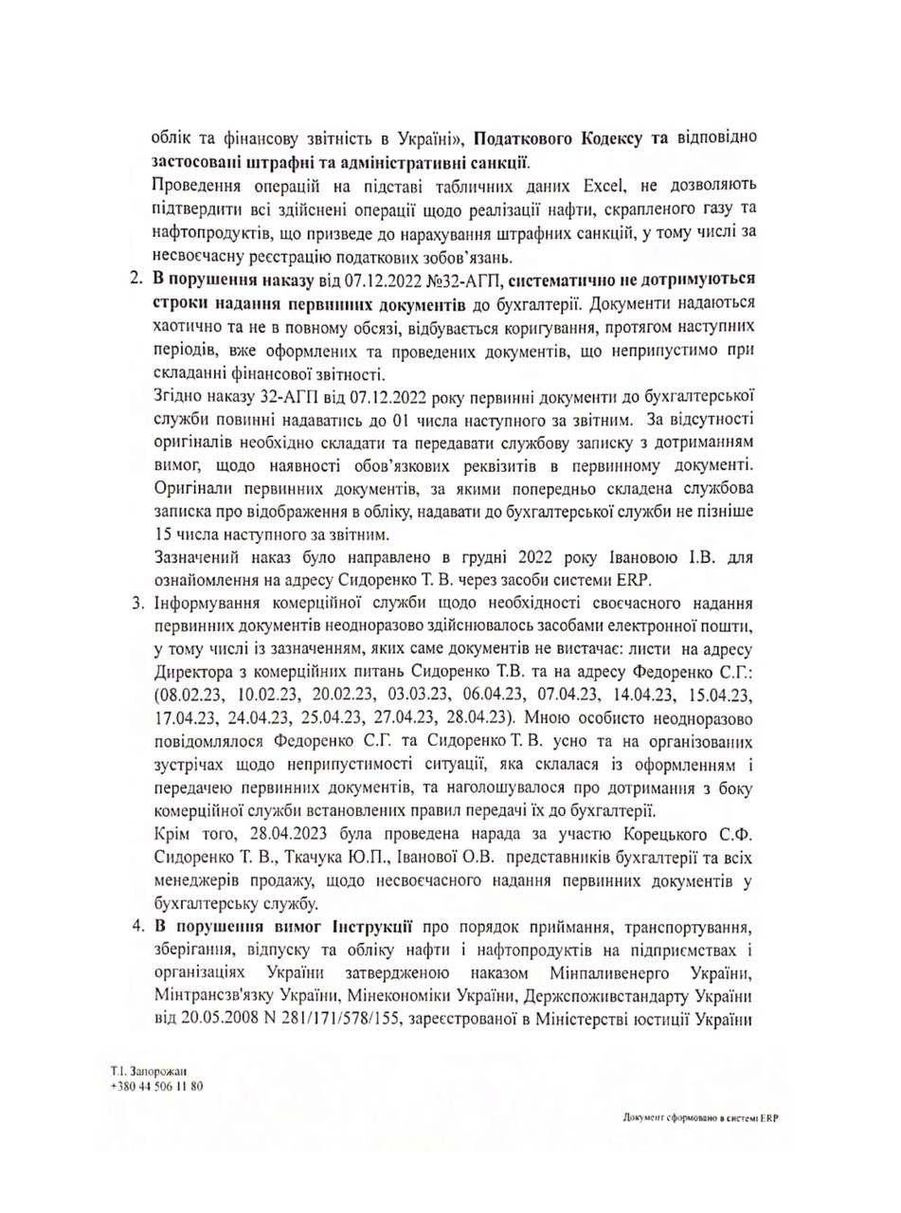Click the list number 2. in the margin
tap(135, 279)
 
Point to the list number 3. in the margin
tap(135, 604)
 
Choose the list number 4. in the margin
tap(135, 925)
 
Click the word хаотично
tap(185, 325)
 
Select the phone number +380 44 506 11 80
tap(155, 1086)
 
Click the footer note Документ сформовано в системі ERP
tap(700, 1117)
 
